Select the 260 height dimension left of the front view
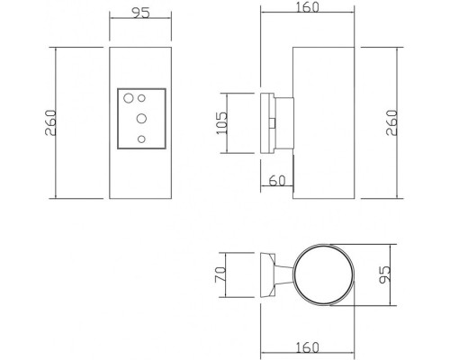point(50,123)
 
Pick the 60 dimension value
point(278,181)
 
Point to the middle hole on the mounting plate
point(141,117)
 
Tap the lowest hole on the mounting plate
point(140,138)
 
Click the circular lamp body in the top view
point(325,273)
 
